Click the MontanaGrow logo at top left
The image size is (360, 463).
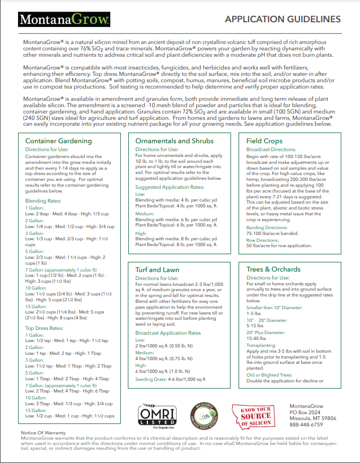[x=65, y=20]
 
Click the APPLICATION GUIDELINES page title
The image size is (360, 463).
[x=283, y=20]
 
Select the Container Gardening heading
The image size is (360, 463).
[x=58, y=141]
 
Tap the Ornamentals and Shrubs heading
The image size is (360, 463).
[x=174, y=141]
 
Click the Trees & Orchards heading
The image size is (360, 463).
[x=273, y=269]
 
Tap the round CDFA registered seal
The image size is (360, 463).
[x=205, y=416]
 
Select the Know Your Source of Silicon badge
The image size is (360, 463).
[x=256, y=416]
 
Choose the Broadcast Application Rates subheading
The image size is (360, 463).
[x=168, y=333]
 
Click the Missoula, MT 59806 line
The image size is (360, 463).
[x=317, y=418]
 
